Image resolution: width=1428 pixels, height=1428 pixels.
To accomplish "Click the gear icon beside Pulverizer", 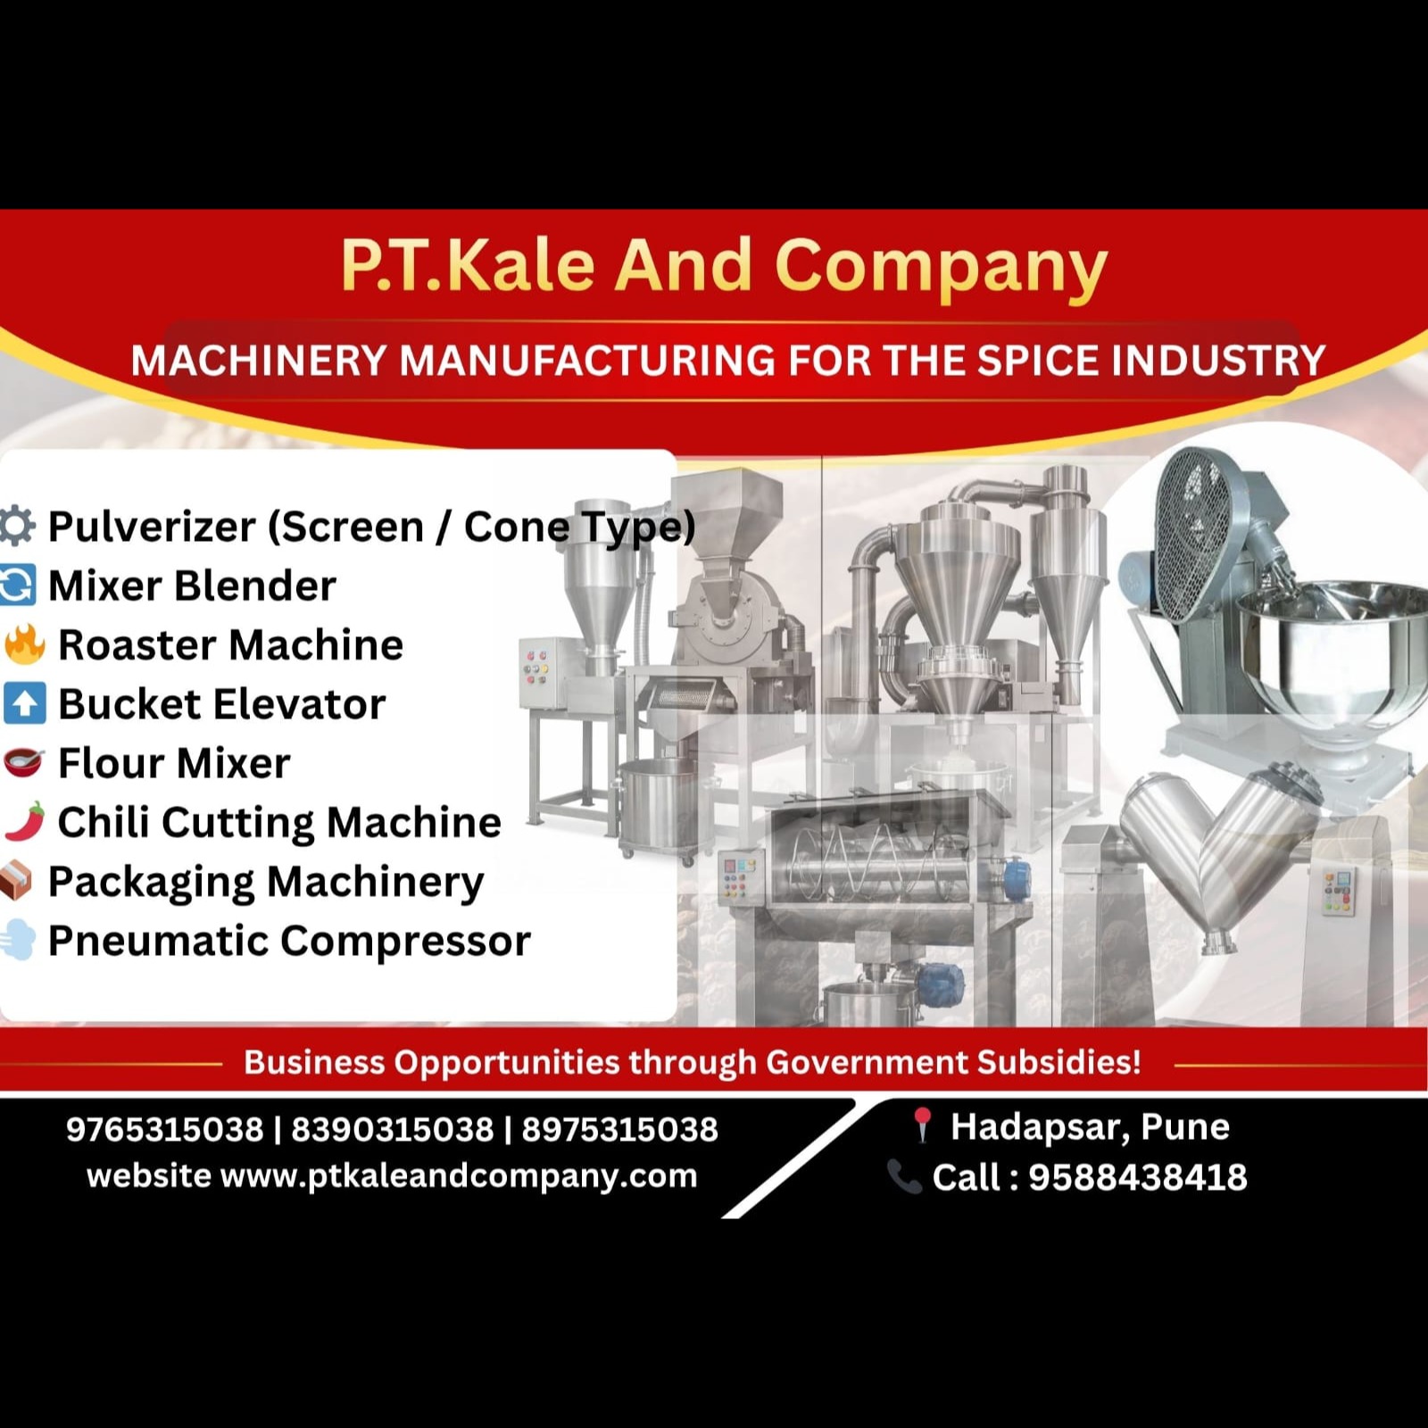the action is coord(16,525).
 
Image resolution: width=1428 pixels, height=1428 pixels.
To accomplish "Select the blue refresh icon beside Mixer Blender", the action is coord(17,585).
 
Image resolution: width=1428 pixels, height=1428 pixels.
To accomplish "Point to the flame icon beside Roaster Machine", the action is coord(24,643).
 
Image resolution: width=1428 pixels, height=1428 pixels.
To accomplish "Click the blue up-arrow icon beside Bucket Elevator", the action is coord(24,703).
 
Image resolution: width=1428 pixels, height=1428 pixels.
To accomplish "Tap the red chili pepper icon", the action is coord(24,822).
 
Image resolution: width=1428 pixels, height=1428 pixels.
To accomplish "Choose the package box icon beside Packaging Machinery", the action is coord(16,881).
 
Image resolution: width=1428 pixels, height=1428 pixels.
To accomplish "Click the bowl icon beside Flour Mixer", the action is coord(24,762).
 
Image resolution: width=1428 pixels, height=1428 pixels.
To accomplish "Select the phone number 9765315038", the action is coord(165,1129).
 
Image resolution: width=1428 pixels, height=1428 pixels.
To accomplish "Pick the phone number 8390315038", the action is coord(393,1129).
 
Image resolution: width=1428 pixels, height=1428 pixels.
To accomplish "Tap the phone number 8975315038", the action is coord(620,1129).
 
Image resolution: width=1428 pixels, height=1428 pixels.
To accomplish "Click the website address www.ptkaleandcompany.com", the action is coord(459,1176).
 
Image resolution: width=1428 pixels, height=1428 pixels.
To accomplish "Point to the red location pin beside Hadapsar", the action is coord(922,1125).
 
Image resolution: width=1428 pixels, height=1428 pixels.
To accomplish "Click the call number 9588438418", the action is coord(1138,1177).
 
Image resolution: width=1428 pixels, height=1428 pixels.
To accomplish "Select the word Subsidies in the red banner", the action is coord(1059,1062).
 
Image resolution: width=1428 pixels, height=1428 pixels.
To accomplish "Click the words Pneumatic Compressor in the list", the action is coord(289,941).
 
